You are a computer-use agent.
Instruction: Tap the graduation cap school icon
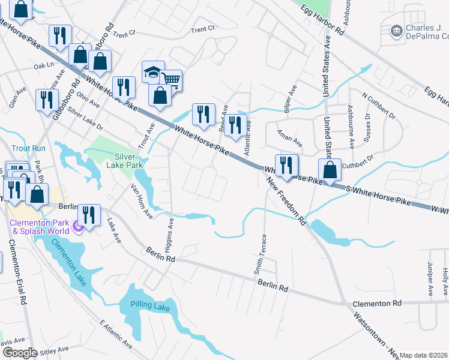(152, 73)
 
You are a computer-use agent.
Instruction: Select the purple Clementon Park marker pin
(76, 227)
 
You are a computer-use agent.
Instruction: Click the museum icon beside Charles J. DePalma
(396, 31)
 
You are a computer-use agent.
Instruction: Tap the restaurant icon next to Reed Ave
(203, 113)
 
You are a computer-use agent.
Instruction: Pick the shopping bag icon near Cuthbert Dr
(330, 169)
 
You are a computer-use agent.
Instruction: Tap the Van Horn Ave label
(142, 201)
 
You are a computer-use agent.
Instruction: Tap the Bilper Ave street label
(294, 98)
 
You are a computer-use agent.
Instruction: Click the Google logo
(19, 353)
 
